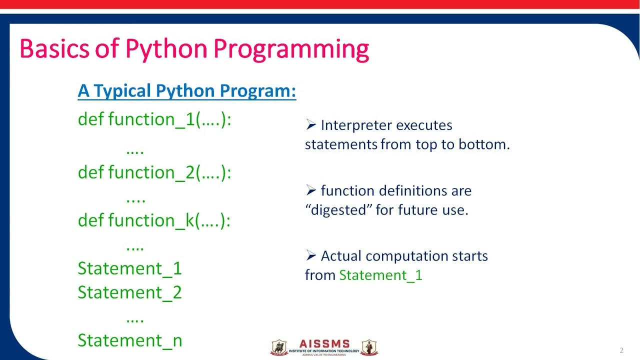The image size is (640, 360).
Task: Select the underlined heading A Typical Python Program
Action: pos(186,91)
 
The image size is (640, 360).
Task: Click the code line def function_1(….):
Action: pos(154,119)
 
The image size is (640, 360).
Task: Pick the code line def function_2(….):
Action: pos(154,172)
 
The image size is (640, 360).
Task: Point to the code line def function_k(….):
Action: pos(154,220)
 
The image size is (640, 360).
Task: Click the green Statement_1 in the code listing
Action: pos(129,268)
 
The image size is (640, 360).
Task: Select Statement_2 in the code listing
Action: pos(129,292)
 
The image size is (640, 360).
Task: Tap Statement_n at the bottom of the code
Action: pos(130,340)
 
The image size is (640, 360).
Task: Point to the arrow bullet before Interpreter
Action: pos(310,124)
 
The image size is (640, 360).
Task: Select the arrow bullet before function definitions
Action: pos(310,190)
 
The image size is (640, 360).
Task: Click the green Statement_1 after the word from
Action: pos(380,275)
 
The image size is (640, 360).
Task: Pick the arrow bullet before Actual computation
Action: pos(310,255)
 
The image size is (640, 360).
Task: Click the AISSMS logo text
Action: pos(324,344)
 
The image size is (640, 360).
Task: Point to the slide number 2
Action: pos(621,350)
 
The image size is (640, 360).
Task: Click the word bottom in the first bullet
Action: pos(483,144)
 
